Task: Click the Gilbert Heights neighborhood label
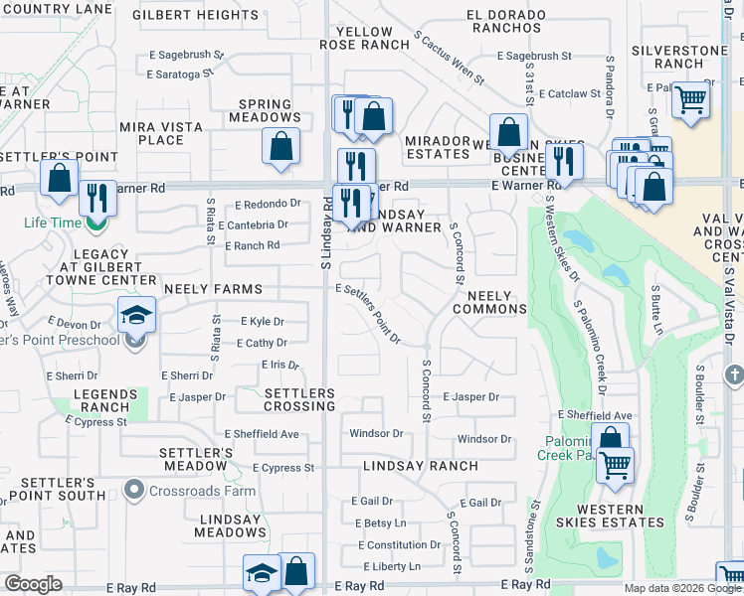click(196, 16)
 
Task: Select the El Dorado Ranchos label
click(507, 22)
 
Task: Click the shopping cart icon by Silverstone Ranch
click(689, 99)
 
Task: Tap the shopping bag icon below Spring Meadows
click(281, 146)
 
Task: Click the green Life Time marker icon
click(95, 223)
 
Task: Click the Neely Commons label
click(489, 302)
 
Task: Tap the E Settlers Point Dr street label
click(368, 315)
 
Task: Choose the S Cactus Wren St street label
click(449, 58)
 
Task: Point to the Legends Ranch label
click(101, 400)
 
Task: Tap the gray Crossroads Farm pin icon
click(135, 490)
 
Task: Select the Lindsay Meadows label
click(230, 526)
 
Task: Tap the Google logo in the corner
click(33, 584)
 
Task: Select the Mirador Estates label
click(438, 148)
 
